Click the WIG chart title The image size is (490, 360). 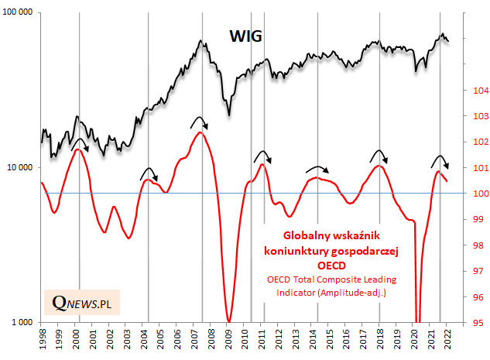click(245, 36)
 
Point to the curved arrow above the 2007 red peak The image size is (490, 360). click(200, 121)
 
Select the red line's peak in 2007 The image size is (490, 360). click(200, 132)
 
